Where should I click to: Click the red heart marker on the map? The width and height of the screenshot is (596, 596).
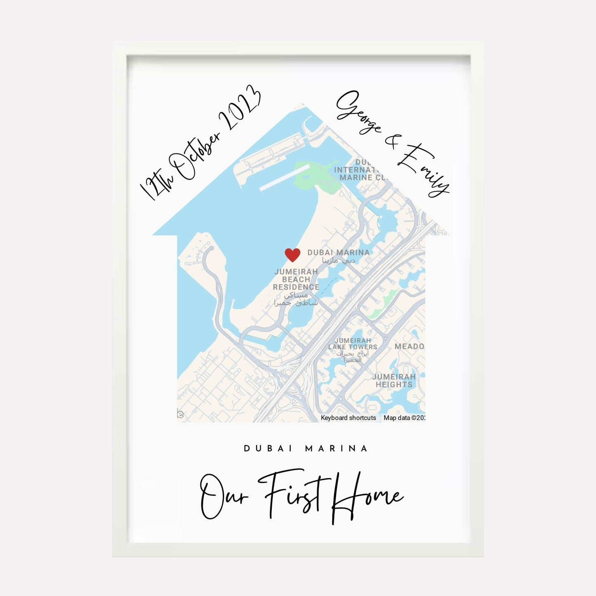292,255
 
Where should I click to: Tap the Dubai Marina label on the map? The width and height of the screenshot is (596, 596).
338,252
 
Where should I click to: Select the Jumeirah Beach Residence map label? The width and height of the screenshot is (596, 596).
296,280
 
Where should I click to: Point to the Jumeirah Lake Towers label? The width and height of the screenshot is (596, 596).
353,344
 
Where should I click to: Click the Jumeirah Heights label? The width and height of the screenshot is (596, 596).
394,380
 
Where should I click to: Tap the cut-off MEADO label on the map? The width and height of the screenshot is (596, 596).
409,346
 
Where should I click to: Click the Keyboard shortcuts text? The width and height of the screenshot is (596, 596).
349,418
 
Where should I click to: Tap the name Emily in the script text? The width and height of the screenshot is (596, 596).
425,169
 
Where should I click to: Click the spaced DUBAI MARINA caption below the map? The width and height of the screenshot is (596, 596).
306,448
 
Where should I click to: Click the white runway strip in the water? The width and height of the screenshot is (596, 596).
284,178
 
